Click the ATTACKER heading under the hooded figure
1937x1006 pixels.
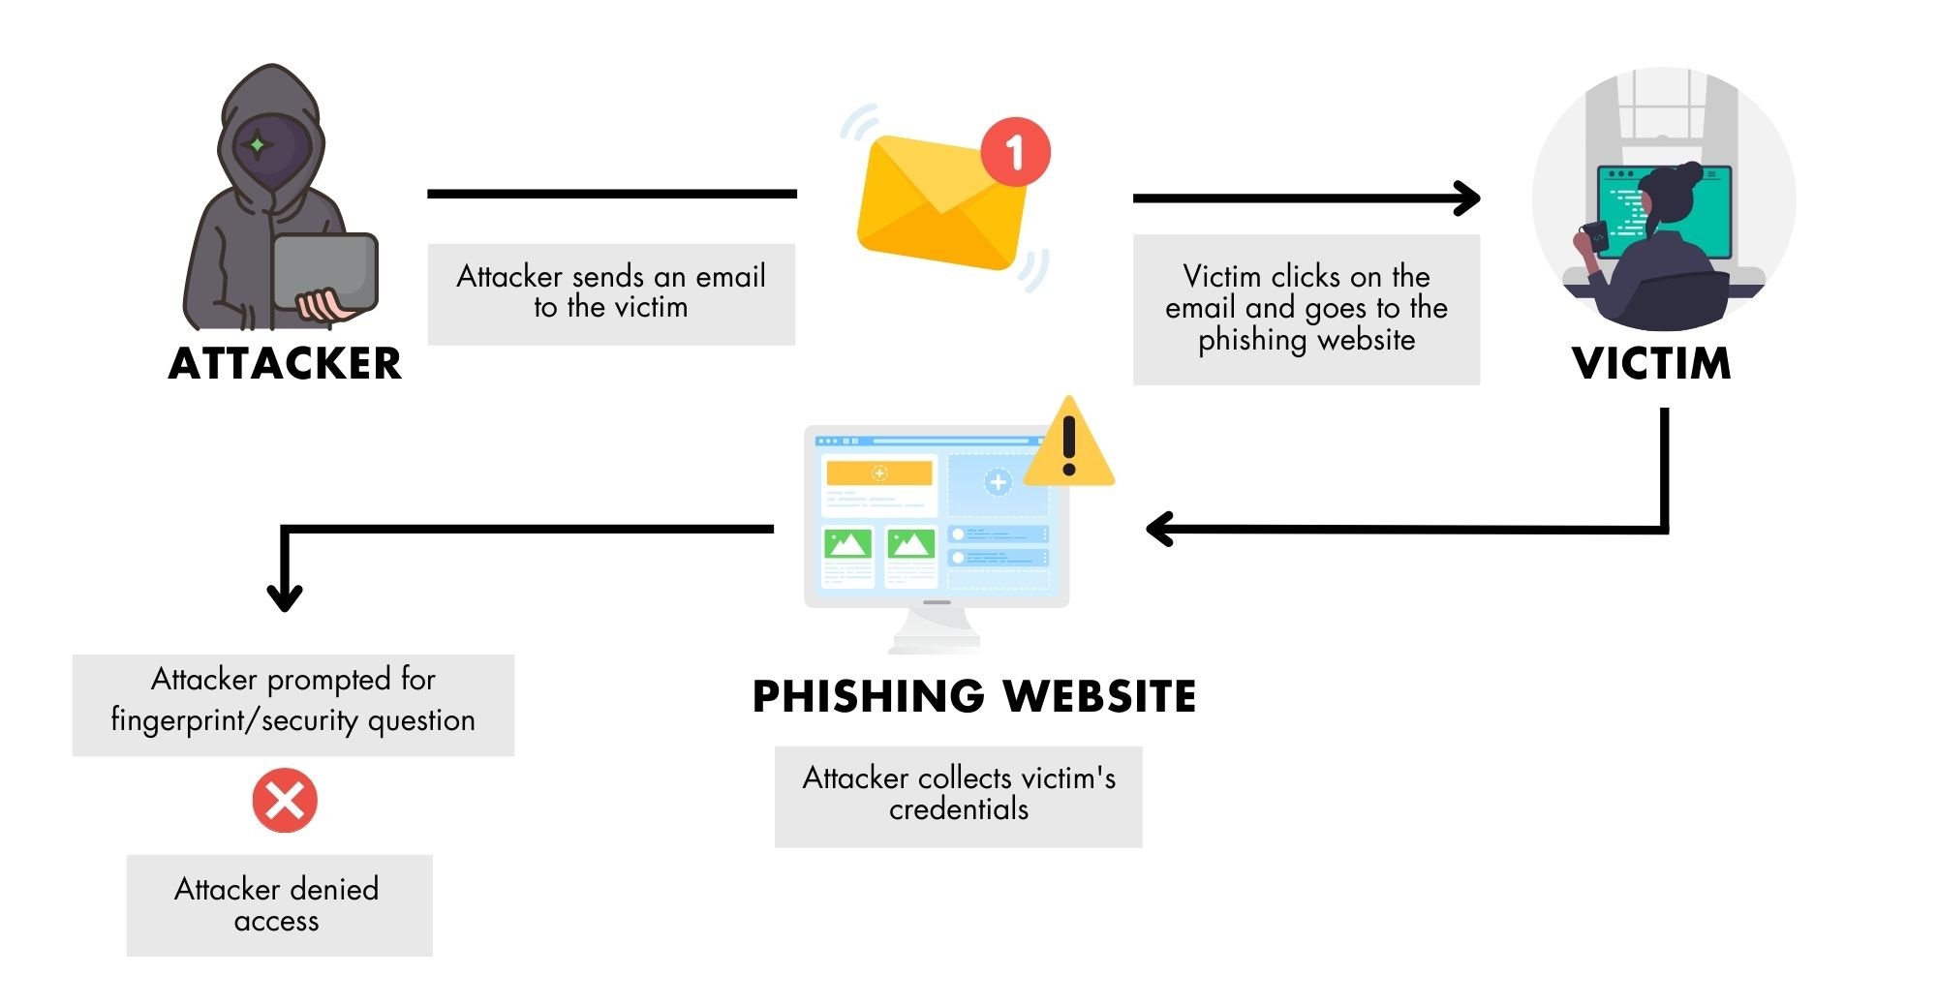(x=284, y=364)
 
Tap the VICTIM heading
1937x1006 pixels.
(x=1651, y=364)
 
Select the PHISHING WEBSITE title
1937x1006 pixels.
(x=973, y=697)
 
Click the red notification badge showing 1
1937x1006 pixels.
(x=1014, y=152)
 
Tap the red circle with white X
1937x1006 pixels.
(x=285, y=801)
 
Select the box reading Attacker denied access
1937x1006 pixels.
(x=279, y=904)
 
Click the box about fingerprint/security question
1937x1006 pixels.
(x=292, y=704)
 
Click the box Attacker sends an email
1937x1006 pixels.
(x=611, y=293)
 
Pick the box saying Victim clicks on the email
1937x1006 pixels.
(x=1306, y=309)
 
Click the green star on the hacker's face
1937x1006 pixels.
(x=258, y=145)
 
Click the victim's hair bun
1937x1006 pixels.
(x=1689, y=174)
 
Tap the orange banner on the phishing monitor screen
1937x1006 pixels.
(x=878, y=473)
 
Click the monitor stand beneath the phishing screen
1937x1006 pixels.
(x=936, y=631)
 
